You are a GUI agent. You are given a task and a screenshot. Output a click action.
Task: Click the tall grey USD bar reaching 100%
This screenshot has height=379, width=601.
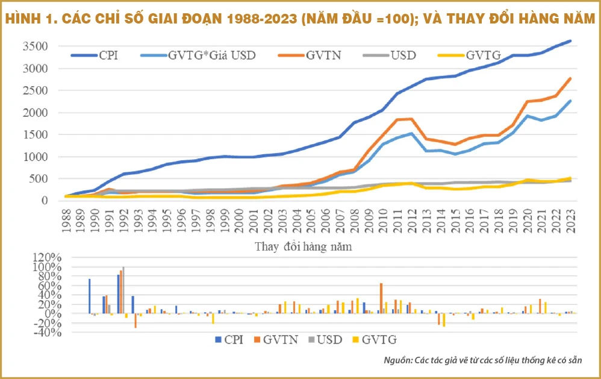pyautogui.click(x=123, y=290)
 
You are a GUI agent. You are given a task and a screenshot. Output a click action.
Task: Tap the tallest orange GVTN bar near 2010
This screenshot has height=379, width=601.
pyautogui.click(x=381, y=298)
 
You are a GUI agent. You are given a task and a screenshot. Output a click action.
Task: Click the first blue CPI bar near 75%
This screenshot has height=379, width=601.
pyautogui.click(x=89, y=296)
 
